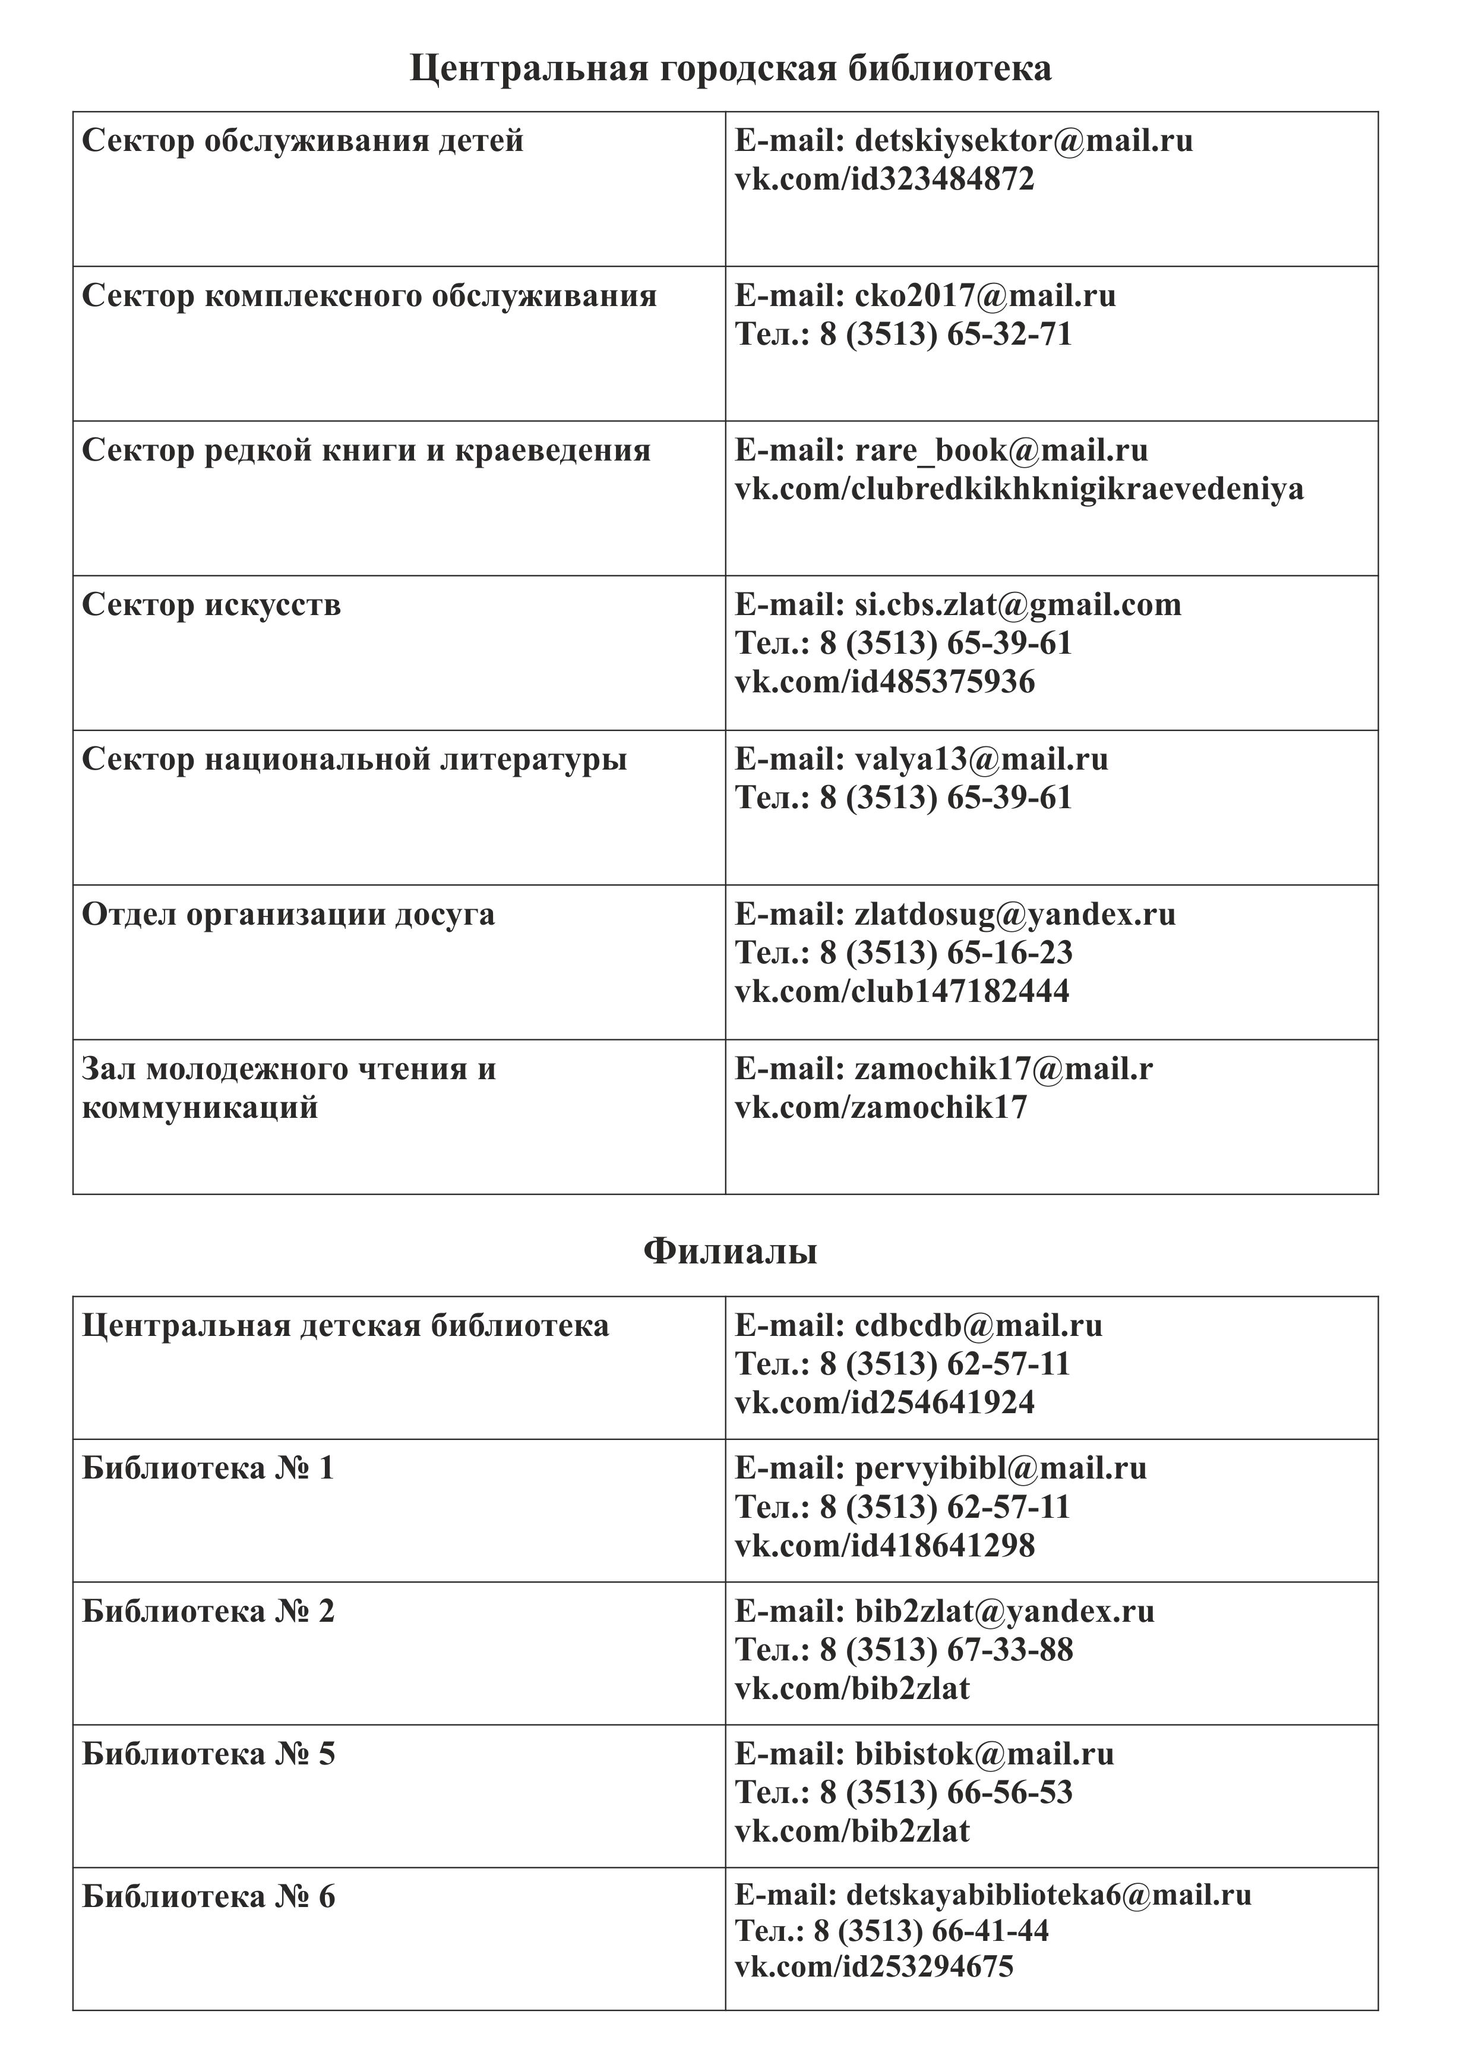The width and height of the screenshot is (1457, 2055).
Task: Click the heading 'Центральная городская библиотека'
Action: [731, 69]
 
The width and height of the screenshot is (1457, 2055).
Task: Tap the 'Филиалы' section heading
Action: [731, 1251]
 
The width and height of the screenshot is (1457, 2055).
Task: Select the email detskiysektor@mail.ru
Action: [1023, 141]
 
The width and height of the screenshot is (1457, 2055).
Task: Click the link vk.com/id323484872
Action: [884, 179]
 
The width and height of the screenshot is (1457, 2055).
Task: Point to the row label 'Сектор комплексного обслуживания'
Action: [369, 296]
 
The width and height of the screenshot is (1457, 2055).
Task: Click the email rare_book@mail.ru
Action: [988, 450]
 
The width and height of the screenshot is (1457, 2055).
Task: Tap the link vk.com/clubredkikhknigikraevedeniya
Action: [1019, 489]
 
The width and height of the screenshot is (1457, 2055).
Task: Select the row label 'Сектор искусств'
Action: [211, 605]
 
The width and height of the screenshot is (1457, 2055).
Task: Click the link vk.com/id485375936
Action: [884, 682]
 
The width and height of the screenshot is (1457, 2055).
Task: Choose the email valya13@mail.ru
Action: [981, 760]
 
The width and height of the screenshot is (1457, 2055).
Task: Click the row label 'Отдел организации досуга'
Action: [288, 915]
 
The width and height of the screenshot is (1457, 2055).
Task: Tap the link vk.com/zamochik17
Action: [881, 1107]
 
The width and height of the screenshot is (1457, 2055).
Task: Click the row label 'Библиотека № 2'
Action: [208, 1612]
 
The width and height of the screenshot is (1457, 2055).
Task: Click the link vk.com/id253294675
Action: [874, 1966]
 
